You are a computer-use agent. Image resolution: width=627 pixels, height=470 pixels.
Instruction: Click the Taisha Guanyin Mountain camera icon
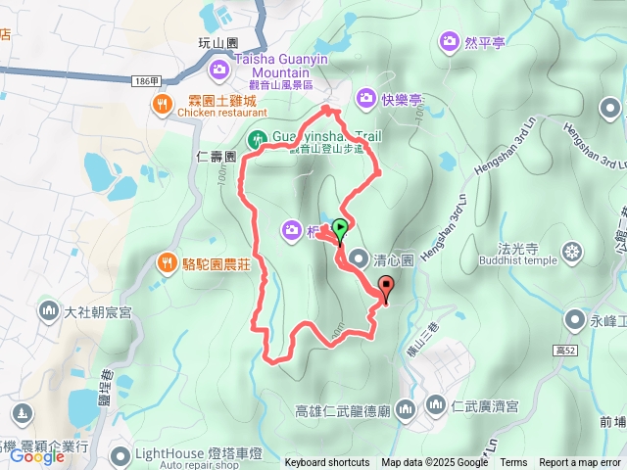[x=218, y=69]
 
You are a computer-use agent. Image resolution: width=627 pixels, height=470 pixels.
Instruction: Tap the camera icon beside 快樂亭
[x=365, y=97]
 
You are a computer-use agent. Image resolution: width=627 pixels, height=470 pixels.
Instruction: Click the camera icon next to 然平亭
[x=450, y=41]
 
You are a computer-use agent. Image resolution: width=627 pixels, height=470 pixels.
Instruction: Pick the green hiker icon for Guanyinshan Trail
[x=258, y=138]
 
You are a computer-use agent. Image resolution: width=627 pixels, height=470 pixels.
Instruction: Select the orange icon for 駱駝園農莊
[x=166, y=262]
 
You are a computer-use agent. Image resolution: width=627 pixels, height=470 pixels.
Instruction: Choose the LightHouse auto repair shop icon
[x=120, y=454]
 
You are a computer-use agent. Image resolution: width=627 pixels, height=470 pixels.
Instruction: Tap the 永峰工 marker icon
[x=576, y=319]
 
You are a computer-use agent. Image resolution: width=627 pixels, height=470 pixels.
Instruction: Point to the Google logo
[x=36, y=456]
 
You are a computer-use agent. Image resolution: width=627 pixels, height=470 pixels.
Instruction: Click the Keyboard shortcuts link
[x=327, y=463]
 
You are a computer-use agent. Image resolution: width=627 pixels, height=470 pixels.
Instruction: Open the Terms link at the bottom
[x=513, y=463]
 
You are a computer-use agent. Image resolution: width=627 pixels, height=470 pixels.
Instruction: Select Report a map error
[x=581, y=463]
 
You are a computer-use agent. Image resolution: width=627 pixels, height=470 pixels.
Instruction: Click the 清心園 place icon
[x=359, y=259]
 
